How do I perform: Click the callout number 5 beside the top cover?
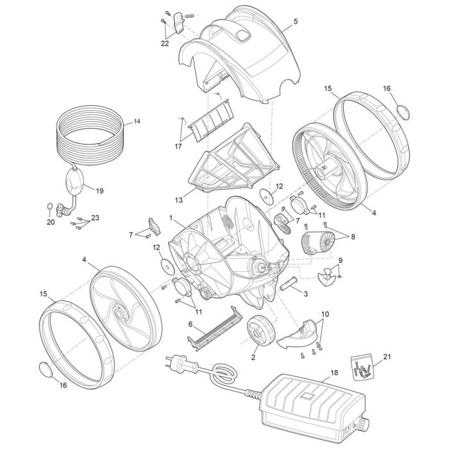point(295,21)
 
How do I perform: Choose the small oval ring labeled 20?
point(50,207)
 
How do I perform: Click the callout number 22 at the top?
point(165,44)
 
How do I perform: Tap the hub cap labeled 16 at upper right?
point(404,110)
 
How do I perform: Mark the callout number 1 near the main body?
point(171,218)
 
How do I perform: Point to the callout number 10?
point(325,314)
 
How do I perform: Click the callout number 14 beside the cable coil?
point(137,121)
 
